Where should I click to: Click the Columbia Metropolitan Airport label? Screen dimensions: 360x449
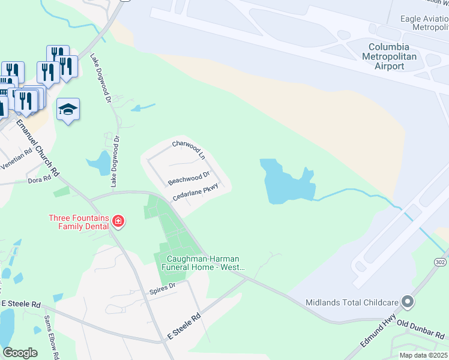tap(390, 56)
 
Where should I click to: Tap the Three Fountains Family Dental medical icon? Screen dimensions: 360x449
tap(118, 222)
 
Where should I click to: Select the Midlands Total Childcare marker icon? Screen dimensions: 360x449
tap(408, 301)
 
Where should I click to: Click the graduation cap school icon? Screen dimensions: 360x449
tap(68, 109)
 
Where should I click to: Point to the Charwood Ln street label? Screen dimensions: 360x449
tap(188, 148)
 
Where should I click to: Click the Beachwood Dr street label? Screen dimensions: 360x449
tap(188, 178)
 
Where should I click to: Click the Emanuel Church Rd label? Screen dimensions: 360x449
tap(38, 147)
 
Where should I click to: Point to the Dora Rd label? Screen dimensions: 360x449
tap(40, 179)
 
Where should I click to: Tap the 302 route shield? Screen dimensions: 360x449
tap(440, 262)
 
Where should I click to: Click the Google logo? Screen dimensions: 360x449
tap(20, 353)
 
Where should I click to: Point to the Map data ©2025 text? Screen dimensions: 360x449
tap(423, 355)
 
